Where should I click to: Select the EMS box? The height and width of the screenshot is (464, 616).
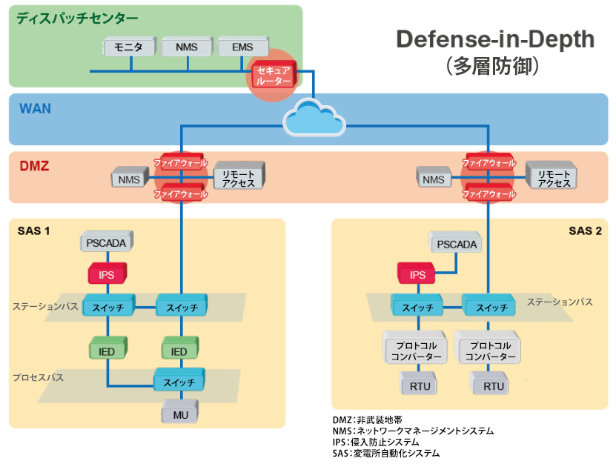[x=242, y=48]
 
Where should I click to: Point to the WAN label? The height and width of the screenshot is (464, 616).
[x=35, y=109]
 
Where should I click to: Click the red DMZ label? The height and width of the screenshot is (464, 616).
[x=35, y=167]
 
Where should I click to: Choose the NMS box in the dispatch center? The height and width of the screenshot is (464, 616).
[x=187, y=48]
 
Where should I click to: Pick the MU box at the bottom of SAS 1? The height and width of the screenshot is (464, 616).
[x=181, y=414]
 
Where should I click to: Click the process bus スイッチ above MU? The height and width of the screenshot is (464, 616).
[x=180, y=382]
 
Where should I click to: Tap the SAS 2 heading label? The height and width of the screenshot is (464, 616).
[x=585, y=231]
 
